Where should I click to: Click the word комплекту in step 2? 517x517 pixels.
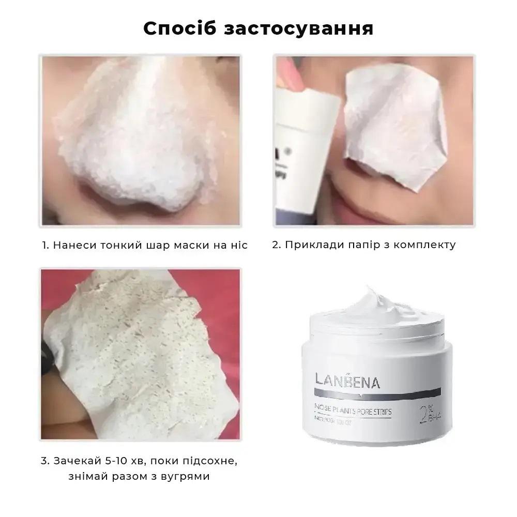click(x=424, y=245)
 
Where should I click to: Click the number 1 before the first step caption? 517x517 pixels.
click(x=45, y=245)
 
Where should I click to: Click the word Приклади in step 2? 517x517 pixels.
click(x=309, y=245)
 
